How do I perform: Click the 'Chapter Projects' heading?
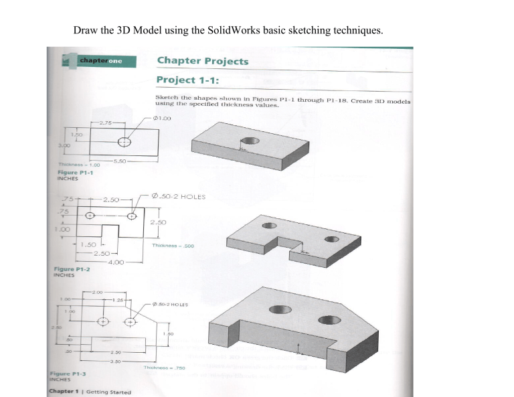point(202,61)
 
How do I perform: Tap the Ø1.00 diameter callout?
point(163,118)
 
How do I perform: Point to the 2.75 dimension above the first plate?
point(106,123)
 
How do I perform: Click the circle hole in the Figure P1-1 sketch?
point(124,142)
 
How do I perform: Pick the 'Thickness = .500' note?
point(172,245)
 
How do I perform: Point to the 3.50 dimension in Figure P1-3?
point(116,360)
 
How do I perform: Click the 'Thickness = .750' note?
point(164,368)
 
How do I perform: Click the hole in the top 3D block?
point(250,141)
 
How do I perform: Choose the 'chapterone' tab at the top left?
point(100,62)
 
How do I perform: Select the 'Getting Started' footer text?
point(108,392)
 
